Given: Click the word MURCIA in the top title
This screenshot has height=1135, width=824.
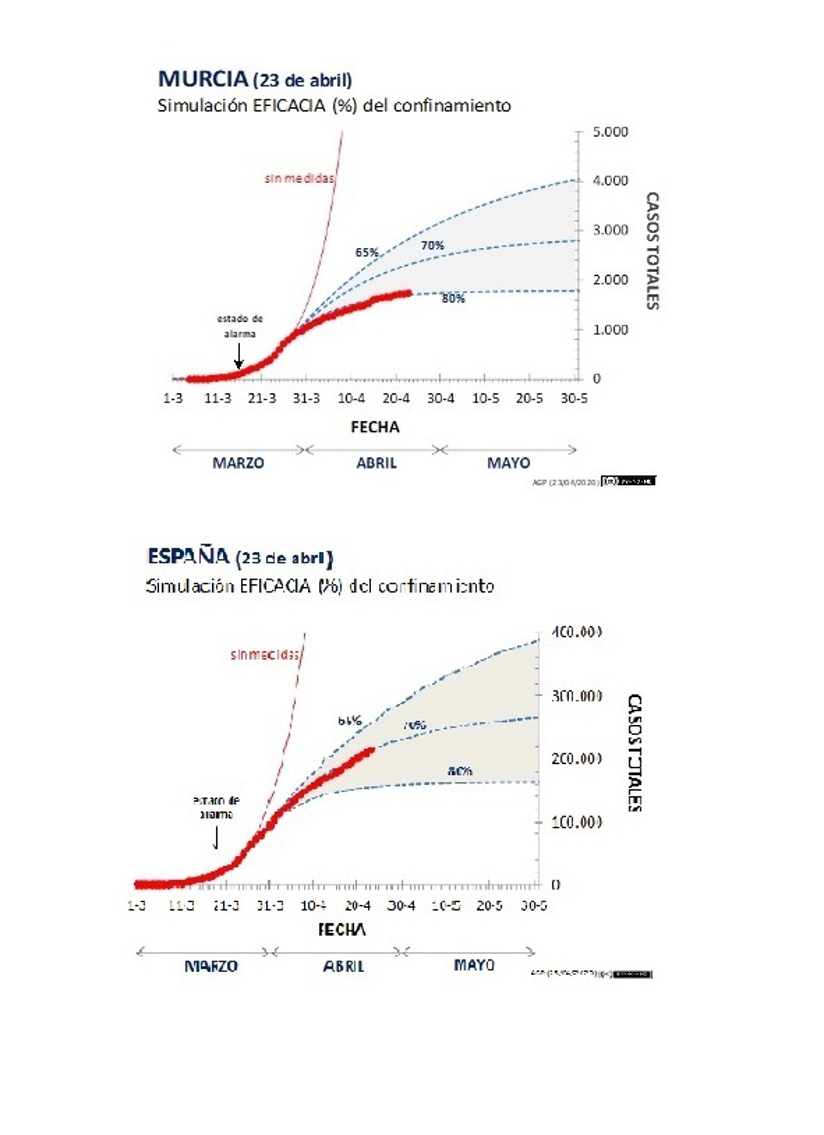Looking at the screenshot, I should pyautogui.click(x=203, y=79).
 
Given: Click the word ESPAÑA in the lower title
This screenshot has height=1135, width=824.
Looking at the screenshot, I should pyautogui.click(x=188, y=556).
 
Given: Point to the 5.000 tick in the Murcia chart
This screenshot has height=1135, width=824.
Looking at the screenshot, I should pyautogui.click(x=610, y=132).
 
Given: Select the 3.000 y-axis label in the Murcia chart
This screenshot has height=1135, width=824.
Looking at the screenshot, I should pyautogui.click(x=610, y=230).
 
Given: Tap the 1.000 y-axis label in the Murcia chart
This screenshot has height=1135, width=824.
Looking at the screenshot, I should pyautogui.click(x=610, y=329).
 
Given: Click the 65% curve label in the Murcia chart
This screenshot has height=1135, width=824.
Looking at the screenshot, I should pyautogui.click(x=367, y=253).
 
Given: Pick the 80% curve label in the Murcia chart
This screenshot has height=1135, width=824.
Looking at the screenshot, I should pyautogui.click(x=453, y=299).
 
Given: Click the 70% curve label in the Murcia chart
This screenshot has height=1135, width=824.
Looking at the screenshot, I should pyautogui.click(x=432, y=245).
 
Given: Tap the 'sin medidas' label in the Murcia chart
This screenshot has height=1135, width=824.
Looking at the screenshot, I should pyautogui.click(x=299, y=179).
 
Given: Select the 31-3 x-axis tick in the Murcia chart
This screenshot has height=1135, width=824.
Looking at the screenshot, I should pyautogui.click(x=306, y=398).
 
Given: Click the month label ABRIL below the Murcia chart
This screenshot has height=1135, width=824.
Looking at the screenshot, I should pyautogui.click(x=376, y=463).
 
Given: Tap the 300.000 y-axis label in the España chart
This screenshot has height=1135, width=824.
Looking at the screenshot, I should pyautogui.click(x=576, y=695).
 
